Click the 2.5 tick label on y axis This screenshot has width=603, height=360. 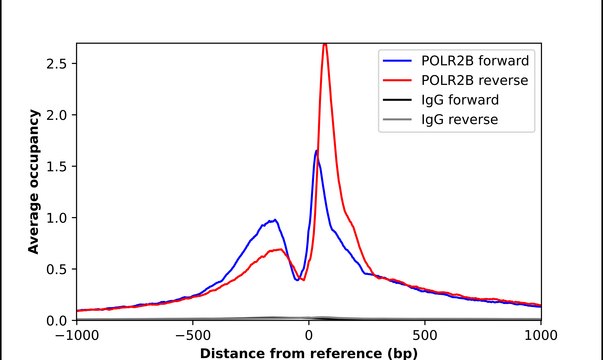click(x=56, y=63)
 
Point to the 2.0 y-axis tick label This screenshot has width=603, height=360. click(x=56, y=115)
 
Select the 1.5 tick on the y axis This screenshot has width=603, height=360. click(x=56, y=166)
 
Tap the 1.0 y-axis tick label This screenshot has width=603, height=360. click(x=56, y=218)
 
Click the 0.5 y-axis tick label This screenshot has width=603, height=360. click(x=56, y=269)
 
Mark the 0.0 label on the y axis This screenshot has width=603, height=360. click(x=56, y=321)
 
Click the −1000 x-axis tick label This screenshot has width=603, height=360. click(x=76, y=337)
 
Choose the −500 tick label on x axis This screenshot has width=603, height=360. click(x=192, y=337)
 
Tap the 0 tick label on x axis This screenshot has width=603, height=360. click(x=309, y=337)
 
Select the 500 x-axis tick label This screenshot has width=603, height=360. click(x=425, y=337)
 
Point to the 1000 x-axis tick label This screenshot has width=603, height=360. click(x=541, y=337)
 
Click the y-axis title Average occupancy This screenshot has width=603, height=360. click(x=33, y=182)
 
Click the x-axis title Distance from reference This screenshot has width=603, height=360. click(x=308, y=353)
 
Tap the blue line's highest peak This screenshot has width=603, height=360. click(x=316, y=151)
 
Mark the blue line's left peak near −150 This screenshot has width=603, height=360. click(x=272, y=220)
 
